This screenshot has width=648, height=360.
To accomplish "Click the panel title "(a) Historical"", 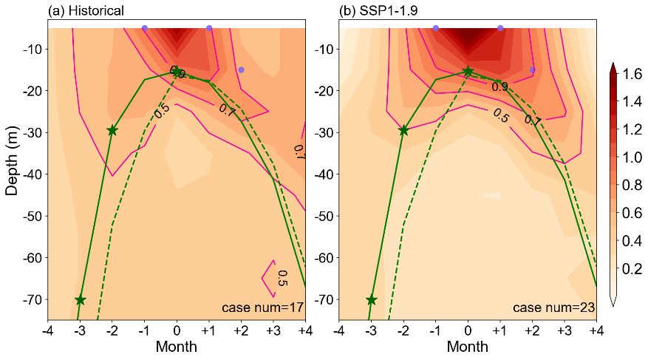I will coord(86,10).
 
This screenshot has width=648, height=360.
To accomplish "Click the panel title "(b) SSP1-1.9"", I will coord(375,10).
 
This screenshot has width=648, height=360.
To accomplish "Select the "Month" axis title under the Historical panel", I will coord(177,346).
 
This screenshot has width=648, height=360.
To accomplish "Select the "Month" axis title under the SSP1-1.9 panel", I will coord(468,346).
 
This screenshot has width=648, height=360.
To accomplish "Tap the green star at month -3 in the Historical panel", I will coord(80,300).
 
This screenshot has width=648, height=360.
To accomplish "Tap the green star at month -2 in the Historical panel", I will coord(112,130).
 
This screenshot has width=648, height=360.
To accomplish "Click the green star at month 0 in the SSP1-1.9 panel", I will coord(468,71).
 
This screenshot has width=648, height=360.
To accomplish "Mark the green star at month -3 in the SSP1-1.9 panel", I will coord(371,300).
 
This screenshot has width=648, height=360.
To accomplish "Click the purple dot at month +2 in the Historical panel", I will coord(241,69).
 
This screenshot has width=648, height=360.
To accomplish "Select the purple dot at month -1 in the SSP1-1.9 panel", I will coord(436,28).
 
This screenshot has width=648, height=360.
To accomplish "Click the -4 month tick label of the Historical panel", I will coord(48,328).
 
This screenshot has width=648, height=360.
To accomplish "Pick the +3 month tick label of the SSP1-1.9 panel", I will coord(565,328).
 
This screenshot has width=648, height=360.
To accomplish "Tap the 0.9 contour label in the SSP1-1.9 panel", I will coord(499,86).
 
